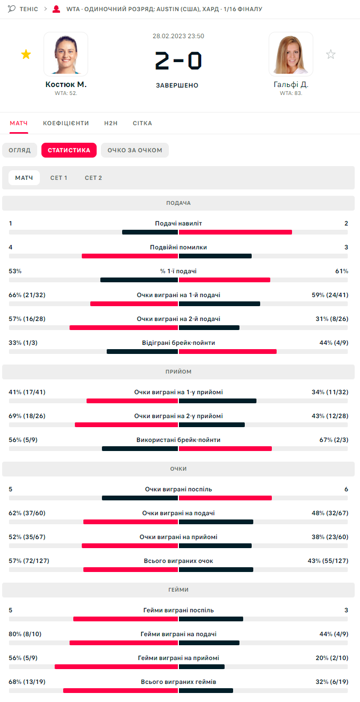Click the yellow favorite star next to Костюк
(25, 54)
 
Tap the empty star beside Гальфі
(331, 54)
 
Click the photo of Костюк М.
(66, 54)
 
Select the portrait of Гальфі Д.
(291, 54)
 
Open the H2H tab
(111, 123)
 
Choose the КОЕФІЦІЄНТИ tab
(66, 123)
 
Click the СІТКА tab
(142, 123)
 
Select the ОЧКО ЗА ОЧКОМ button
(135, 150)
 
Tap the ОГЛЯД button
(20, 150)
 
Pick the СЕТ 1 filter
(58, 178)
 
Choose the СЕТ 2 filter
(93, 178)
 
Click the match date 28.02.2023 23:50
(178, 36)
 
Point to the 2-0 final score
(178, 61)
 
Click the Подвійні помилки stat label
(178, 247)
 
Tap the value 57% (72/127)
(29, 560)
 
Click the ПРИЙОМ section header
(178, 371)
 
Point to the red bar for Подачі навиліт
(235, 232)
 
